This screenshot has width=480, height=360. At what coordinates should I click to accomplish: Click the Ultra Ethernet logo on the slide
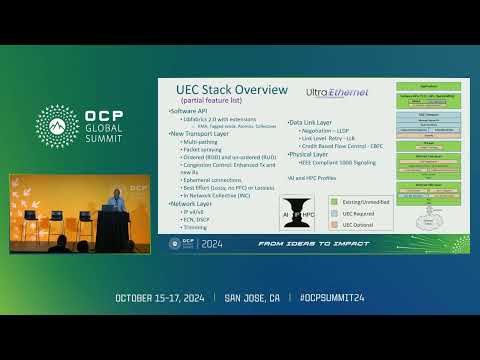tap(337, 93)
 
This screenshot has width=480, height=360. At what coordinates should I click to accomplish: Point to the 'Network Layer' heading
tap(193, 203)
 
